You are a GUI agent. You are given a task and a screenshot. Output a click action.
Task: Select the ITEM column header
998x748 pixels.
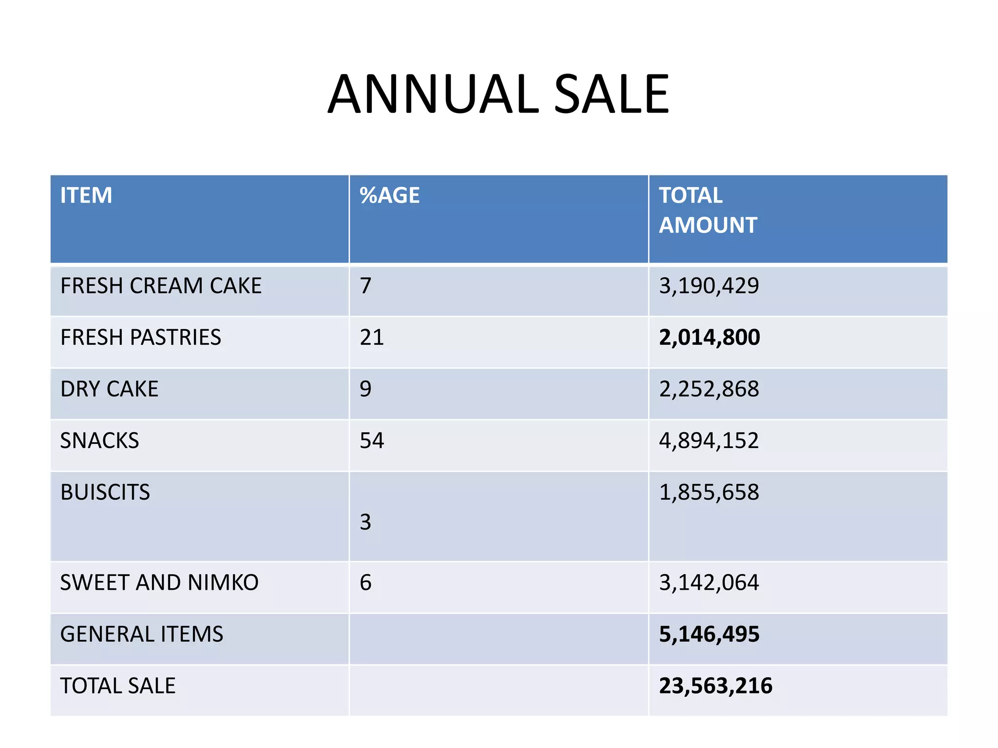click(x=86, y=196)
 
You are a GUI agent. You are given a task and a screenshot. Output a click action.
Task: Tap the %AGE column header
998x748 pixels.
click(x=389, y=196)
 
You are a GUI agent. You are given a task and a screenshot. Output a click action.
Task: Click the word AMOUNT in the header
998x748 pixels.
click(x=708, y=225)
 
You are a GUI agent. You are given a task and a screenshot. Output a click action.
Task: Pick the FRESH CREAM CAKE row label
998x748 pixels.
click(x=161, y=286)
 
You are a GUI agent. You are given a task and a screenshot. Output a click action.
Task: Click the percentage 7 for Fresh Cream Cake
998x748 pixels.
click(x=365, y=286)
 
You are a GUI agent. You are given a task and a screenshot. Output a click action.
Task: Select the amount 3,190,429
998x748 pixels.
click(x=709, y=286)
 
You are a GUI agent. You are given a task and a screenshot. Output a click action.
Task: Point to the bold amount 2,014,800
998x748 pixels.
click(x=709, y=337)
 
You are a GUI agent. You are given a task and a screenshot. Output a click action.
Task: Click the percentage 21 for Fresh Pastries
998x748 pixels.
click(x=371, y=337)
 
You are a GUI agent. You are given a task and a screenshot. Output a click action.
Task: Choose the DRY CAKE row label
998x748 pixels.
click(x=109, y=389)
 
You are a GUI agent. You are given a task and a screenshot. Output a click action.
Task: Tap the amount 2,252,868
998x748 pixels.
click(x=709, y=389)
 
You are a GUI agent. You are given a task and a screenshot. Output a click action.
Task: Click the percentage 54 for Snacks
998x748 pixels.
click(x=371, y=441)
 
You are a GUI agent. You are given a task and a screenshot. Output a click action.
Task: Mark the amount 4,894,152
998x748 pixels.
click(x=709, y=441)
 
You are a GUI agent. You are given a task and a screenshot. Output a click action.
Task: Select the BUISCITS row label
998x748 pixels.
click(x=105, y=492)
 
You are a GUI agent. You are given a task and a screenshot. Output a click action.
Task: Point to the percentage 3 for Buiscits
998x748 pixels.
click(x=365, y=523)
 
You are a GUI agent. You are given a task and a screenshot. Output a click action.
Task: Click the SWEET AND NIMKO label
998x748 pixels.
click(x=159, y=583)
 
